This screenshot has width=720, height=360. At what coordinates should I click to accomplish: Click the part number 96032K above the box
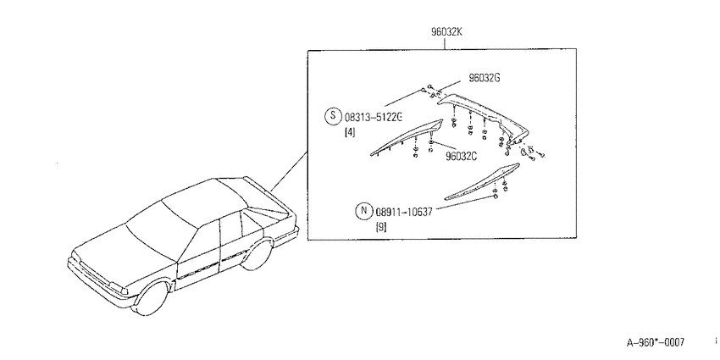446,32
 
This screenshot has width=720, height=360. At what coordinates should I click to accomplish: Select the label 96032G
484,78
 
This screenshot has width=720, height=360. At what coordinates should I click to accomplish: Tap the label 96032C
461,156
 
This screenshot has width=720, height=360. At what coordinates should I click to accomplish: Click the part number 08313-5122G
374,117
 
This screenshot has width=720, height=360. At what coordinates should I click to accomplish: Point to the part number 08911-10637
403,212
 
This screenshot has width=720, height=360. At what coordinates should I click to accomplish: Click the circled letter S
333,117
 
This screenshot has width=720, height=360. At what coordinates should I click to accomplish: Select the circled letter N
363,211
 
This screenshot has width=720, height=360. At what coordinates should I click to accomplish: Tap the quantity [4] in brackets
350,133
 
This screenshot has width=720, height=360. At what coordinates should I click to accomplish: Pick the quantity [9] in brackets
381,227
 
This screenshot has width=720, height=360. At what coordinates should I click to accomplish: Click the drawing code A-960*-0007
656,342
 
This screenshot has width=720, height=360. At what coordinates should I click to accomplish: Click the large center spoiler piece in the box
482,116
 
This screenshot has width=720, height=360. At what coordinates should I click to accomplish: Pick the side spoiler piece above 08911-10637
482,181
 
